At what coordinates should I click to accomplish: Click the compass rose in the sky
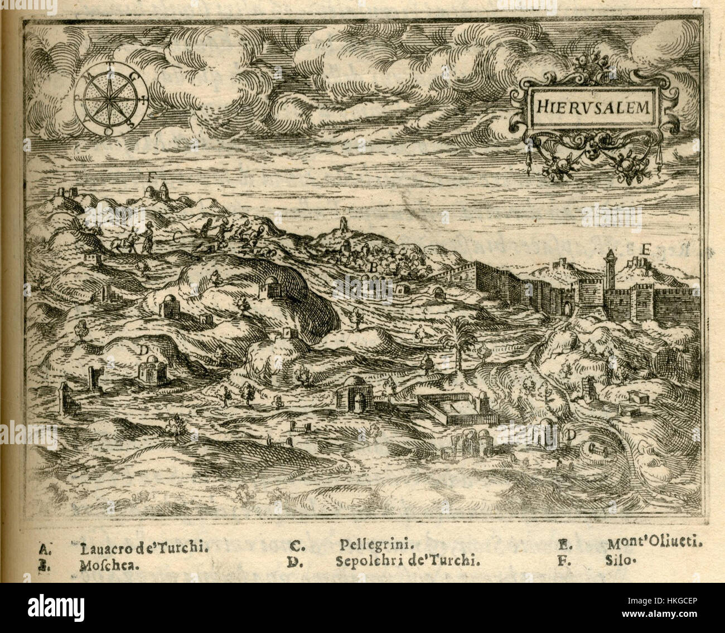pyautogui.click(x=111, y=99)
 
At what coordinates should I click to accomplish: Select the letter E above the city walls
pyautogui.click(x=646, y=250)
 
